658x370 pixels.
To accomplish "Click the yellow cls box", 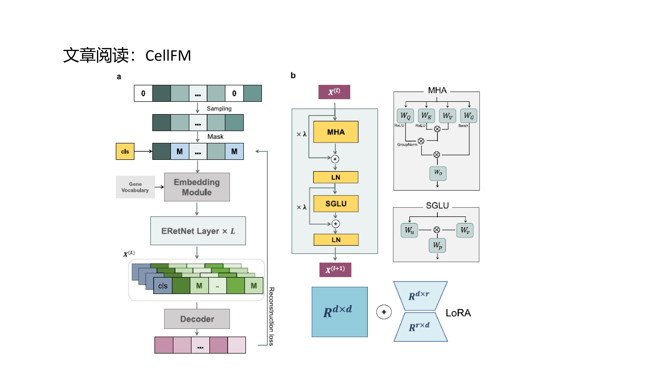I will tap(125, 151).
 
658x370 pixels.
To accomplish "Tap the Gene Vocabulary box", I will tap(135, 187).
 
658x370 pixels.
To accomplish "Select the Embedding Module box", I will tap(197, 187).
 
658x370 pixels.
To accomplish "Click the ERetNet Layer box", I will tap(198, 231).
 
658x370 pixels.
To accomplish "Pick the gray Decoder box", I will tap(197, 319).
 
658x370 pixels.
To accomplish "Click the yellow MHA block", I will tap(336, 132).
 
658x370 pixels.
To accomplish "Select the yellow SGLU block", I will tap(336, 204).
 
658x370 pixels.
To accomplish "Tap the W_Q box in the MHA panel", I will tap(405, 116).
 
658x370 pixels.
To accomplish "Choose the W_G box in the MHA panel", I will tap(468, 116).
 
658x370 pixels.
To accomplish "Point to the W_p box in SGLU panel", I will tap(437, 245).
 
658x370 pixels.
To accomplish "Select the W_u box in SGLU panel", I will tap(409, 230).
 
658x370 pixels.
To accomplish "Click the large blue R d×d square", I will tap(340, 312).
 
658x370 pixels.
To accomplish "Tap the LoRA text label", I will tap(458, 313).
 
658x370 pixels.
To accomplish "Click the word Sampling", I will tap(219, 109).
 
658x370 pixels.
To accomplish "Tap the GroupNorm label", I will tap(407, 145).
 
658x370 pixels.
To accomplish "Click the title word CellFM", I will tap(168, 56).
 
